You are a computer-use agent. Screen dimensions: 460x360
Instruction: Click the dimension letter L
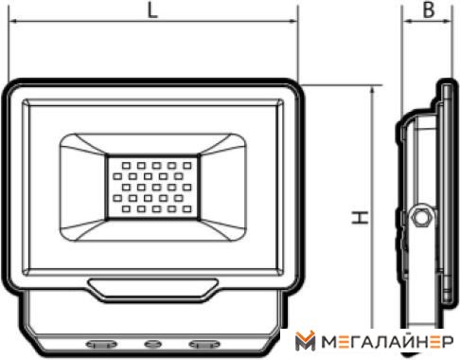click(x=152, y=10)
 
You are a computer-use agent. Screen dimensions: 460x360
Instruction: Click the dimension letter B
click(x=429, y=9)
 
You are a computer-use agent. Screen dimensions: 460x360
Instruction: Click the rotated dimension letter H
click(x=360, y=218)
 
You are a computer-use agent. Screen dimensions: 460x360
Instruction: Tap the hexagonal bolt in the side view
click(x=421, y=218)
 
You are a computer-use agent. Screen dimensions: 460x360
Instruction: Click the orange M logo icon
click(x=305, y=341)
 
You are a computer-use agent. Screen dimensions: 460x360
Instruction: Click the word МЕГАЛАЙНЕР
click(x=387, y=342)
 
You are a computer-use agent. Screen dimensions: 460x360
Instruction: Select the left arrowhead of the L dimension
click(x=13, y=22)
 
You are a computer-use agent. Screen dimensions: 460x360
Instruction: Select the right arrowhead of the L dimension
click(x=293, y=22)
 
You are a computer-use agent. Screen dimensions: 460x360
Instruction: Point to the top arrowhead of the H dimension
click(x=373, y=90)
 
